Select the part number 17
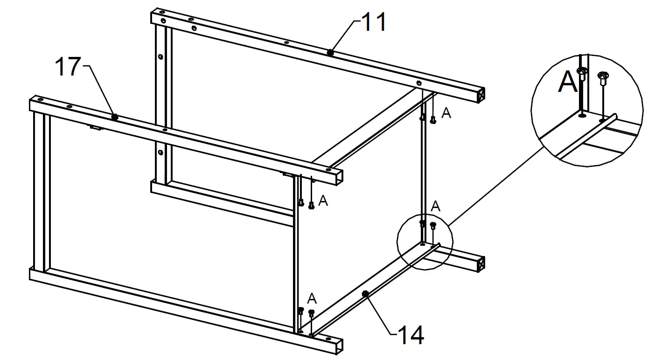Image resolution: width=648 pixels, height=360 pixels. coord(68,67)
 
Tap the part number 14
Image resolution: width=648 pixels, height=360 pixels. coord(411,335)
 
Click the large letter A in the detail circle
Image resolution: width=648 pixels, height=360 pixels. coord(568,83)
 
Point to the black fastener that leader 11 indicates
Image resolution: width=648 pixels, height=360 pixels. coord(330,52)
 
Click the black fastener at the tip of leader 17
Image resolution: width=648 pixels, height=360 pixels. coord(114,117)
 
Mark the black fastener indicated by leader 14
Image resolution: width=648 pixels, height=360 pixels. coord(365,293)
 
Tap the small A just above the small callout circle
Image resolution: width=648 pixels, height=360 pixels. coord(435,207)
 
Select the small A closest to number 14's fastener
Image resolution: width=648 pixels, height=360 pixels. coord(312,298)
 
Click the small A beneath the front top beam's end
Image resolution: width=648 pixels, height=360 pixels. coord(323,201)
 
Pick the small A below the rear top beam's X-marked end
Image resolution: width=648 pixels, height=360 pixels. coord(446,113)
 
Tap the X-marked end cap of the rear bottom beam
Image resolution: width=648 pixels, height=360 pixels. coord(481,264)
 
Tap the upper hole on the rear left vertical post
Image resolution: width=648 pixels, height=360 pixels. coord(160,56)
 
